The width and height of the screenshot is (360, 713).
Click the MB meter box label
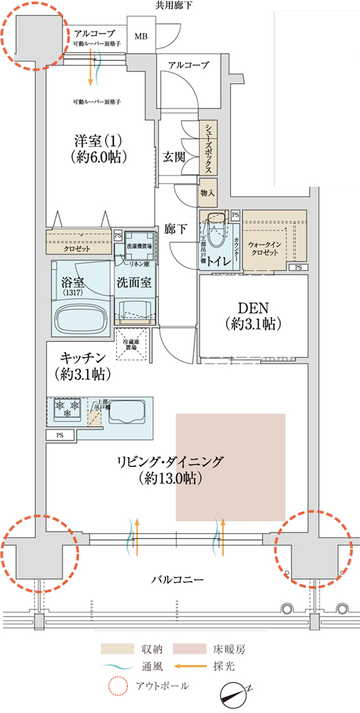(x=141, y=36)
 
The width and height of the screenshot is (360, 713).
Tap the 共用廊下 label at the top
(x=174, y=6)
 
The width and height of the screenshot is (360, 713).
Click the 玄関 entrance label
(x=174, y=156)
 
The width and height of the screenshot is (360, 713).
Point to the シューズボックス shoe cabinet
(x=208, y=148)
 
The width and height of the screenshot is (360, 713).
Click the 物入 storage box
(x=207, y=193)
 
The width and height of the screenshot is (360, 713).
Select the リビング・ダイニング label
(x=170, y=470)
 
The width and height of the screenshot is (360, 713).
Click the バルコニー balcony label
(x=178, y=579)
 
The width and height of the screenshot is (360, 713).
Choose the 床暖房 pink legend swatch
(x=191, y=650)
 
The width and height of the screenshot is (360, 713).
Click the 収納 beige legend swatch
(x=118, y=650)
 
